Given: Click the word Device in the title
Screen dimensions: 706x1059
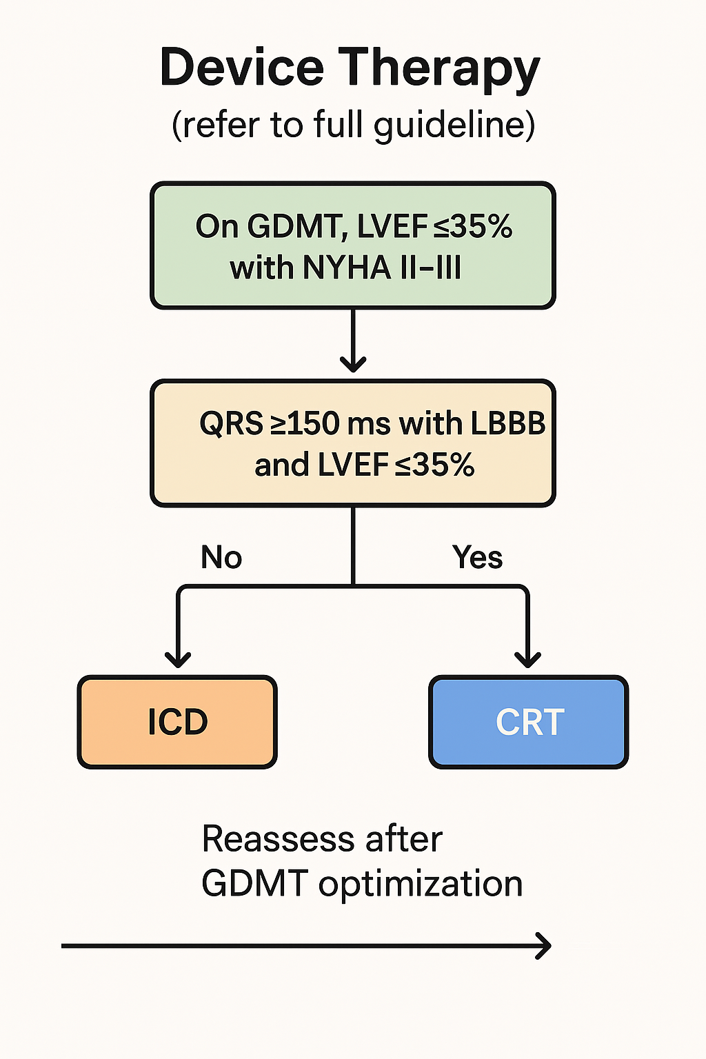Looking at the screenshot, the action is [242, 67].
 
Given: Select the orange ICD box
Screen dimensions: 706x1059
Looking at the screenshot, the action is [177, 722].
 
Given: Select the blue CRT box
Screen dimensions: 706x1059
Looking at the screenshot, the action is [529, 722].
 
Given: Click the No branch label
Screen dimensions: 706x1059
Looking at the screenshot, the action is [221, 557].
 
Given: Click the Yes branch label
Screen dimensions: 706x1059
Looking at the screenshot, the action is [477, 557].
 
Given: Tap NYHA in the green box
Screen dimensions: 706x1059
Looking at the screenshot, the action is [347, 268].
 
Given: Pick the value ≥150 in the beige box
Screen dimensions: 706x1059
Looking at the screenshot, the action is [305, 423].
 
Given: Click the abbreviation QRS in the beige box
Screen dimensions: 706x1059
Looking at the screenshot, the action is [231, 423].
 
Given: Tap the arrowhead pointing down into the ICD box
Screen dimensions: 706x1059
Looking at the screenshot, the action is [178, 660].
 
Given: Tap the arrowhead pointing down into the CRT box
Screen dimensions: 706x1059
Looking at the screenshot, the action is [527, 660].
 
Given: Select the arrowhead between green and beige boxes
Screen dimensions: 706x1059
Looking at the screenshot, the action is [353, 365].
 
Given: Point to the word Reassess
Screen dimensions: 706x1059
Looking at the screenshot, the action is [278, 839].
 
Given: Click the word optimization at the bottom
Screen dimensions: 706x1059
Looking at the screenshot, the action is [421, 885].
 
